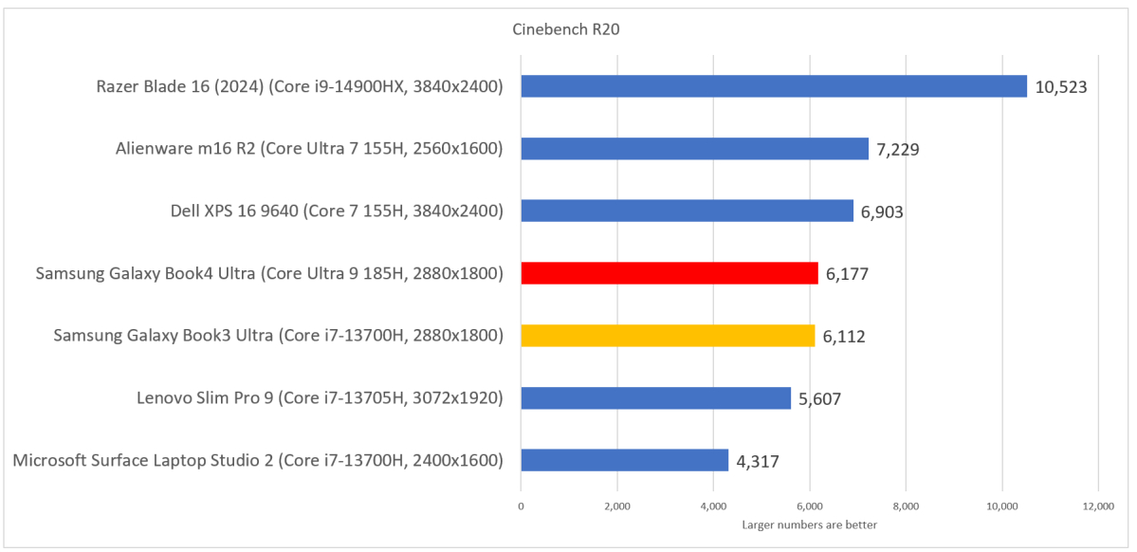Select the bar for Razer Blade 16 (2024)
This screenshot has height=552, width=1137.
(774, 86)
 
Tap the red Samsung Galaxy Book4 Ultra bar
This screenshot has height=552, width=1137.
(669, 273)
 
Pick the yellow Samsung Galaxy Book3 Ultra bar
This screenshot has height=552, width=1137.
(668, 336)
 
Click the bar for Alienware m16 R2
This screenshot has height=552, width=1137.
(694, 149)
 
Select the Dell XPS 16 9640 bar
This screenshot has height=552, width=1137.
(687, 211)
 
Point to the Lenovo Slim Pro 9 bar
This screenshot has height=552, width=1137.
(655, 397)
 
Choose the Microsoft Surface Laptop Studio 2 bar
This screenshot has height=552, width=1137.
(624, 460)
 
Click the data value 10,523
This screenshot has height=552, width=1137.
(1061, 87)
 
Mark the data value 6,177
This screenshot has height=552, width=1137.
(847, 274)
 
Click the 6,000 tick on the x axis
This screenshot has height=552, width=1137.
(809, 507)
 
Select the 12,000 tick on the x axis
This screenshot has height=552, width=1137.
(1097, 507)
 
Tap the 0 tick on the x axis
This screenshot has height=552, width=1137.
(521, 507)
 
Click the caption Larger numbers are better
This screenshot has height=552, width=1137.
(809, 524)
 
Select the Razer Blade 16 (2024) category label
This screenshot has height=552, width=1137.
(299, 87)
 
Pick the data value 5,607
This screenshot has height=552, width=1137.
(819, 398)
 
